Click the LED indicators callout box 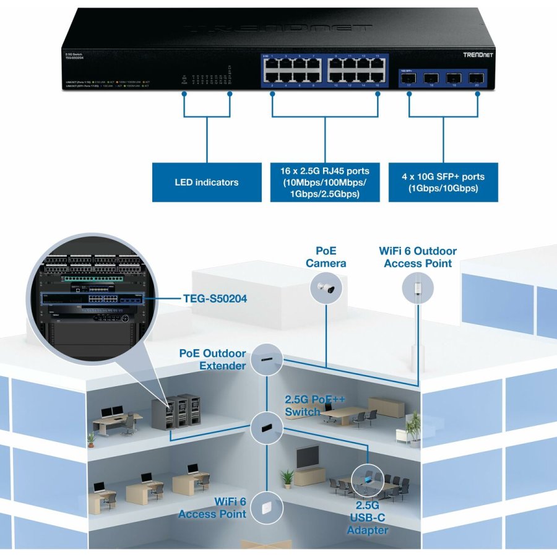(206, 182)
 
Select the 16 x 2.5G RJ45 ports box (324, 182)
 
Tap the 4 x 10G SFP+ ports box (443, 182)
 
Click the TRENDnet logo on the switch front (478, 55)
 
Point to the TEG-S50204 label (215, 299)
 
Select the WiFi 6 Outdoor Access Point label (418, 257)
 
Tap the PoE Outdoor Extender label (212, 360)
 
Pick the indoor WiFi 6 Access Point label (212, 507)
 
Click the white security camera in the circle (326, 287)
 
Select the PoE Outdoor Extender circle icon (267, 359)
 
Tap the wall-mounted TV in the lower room (308, 457)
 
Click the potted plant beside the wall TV (287, 478)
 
